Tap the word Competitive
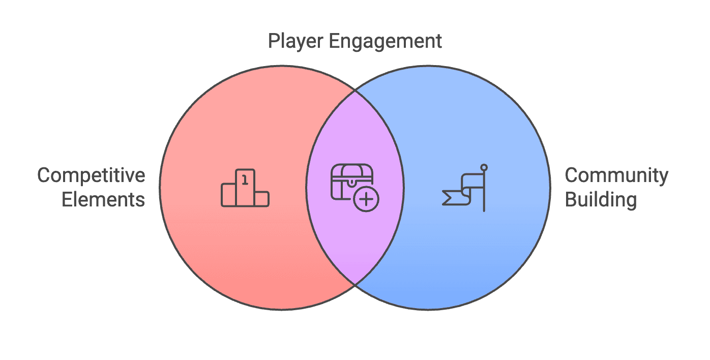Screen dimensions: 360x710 91,176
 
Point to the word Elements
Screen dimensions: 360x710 103,199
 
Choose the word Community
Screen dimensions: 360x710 616,176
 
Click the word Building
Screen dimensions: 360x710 601,199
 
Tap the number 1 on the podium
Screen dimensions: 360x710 245,178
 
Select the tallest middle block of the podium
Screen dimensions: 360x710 245,188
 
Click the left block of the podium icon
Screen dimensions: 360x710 228,195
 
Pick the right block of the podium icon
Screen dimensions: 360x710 261,199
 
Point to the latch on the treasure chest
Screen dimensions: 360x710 352,179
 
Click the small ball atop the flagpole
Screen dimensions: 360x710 484,167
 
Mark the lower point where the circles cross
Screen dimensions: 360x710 354,284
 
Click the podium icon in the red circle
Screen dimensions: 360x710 245,188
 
